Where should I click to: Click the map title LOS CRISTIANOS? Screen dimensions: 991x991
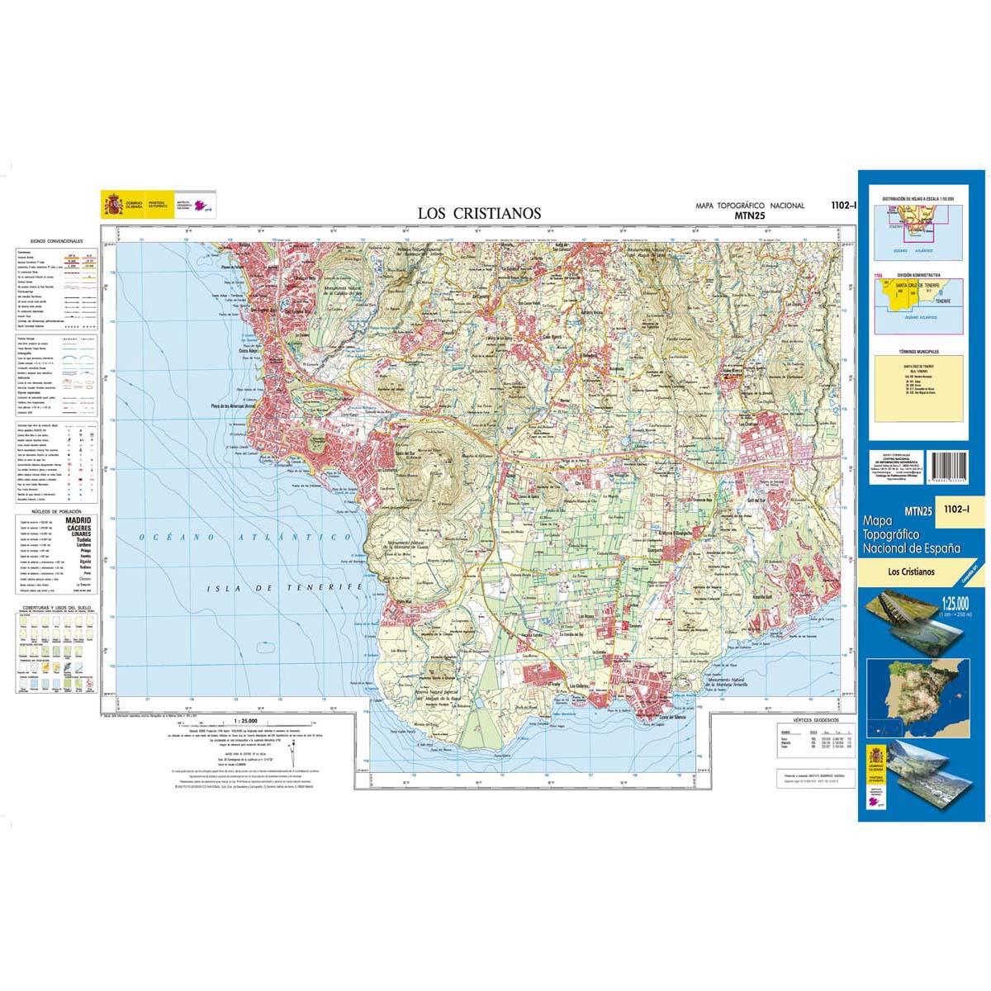479,213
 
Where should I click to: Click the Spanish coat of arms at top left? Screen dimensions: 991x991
111,203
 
